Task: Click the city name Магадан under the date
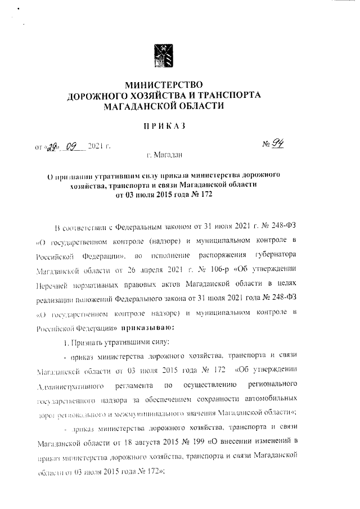coord(168,154)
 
